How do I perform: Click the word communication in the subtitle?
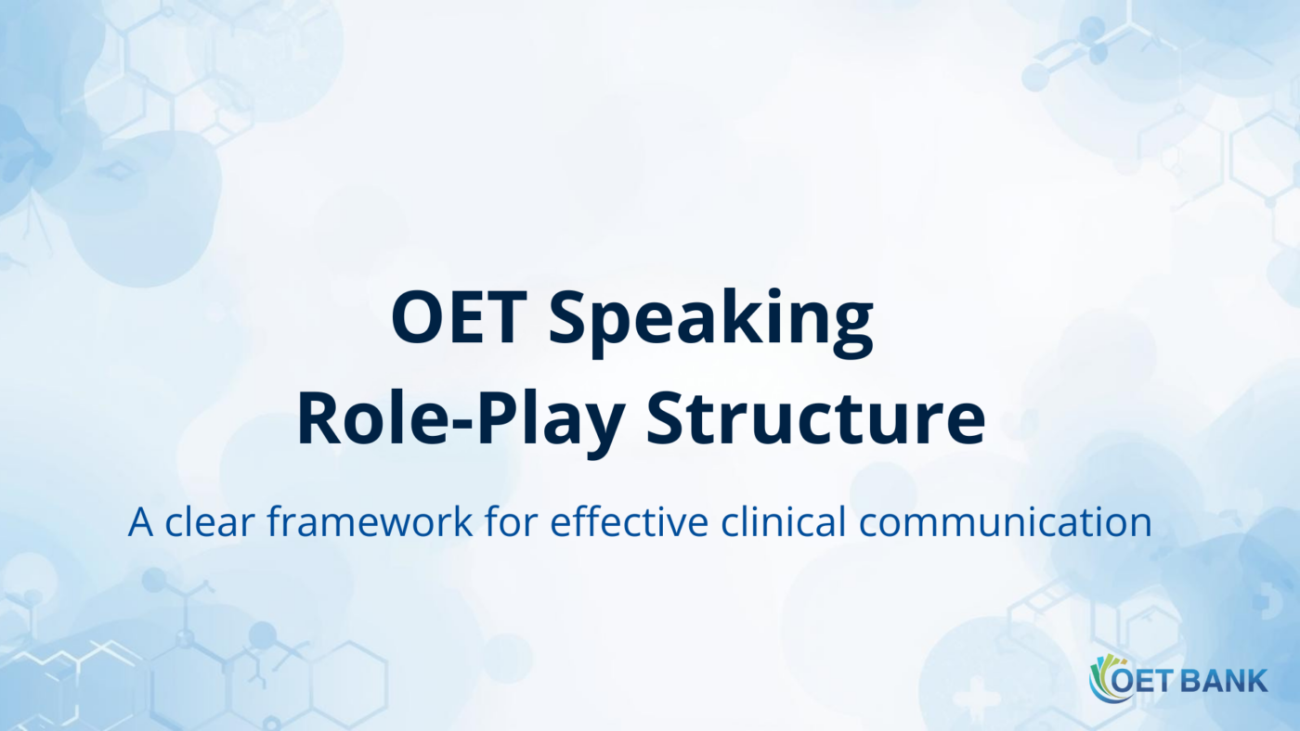click(1005, 522)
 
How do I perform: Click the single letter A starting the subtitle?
click(140, 522)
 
